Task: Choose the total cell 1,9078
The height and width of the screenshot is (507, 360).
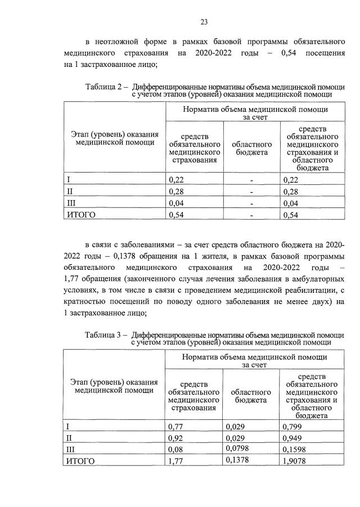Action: click(296, 461)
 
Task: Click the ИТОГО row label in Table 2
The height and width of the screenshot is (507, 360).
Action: click(81, 214)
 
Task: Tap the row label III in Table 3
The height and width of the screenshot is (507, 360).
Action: click(70, 450)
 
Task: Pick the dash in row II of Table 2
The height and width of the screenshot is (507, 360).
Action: click(251, 192)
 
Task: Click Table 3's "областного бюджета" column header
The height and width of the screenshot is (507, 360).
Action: click(251, 395)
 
